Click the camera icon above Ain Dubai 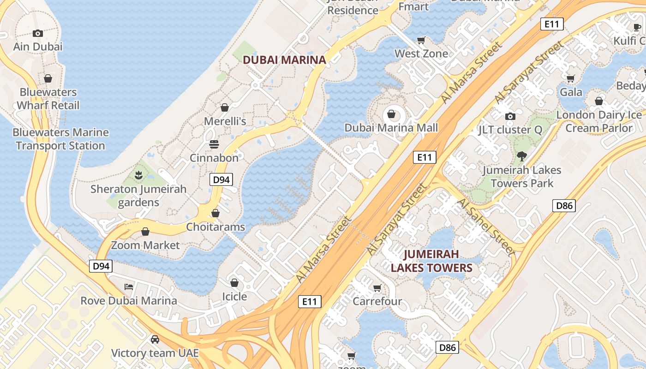point(38,33)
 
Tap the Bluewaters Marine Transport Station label point(60,139)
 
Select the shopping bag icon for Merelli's point(225,107)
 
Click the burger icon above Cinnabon point(214,144)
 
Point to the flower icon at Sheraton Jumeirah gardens point(138,175)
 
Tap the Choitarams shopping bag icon point(215,213)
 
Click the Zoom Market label point(145,245)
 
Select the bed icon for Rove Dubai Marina point(129,287)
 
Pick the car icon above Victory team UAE point(155,339)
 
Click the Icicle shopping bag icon point(234,282)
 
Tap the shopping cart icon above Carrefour point(377,288)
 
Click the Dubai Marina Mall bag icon point(391,113)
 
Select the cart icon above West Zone point(421,40)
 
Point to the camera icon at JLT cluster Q point(510,116)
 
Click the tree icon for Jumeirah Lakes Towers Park point(522,156)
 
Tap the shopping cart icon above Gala point(571,78)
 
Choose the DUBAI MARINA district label point(284,60)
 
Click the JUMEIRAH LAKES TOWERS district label point(431,261)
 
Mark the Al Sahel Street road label point(486,227)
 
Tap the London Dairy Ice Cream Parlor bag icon point(599,101)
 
